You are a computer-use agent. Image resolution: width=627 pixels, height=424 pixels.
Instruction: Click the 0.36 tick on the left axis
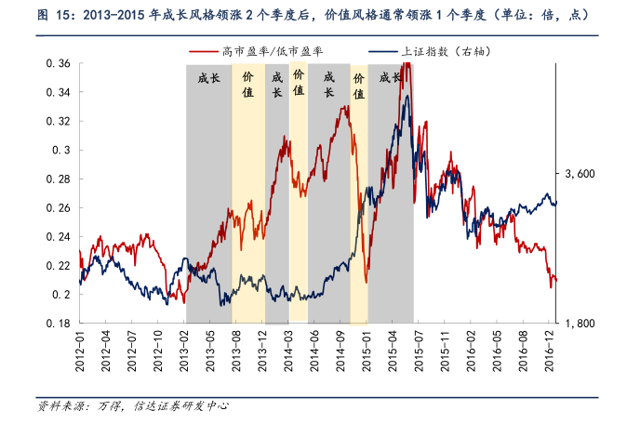click(59, 63)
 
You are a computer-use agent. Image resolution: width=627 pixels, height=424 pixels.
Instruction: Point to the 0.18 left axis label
click(59, 323)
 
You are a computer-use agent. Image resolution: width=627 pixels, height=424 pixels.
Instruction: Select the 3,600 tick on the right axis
click(580, 174)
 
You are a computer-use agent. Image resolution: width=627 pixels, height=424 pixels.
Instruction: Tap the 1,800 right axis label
click(580, 323)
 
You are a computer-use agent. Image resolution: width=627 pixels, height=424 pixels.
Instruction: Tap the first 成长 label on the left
click(209, 79)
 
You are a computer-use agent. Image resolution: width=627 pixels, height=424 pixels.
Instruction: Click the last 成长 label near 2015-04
click(390, 79)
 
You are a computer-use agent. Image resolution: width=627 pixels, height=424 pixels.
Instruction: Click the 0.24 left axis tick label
click(59, 236)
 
